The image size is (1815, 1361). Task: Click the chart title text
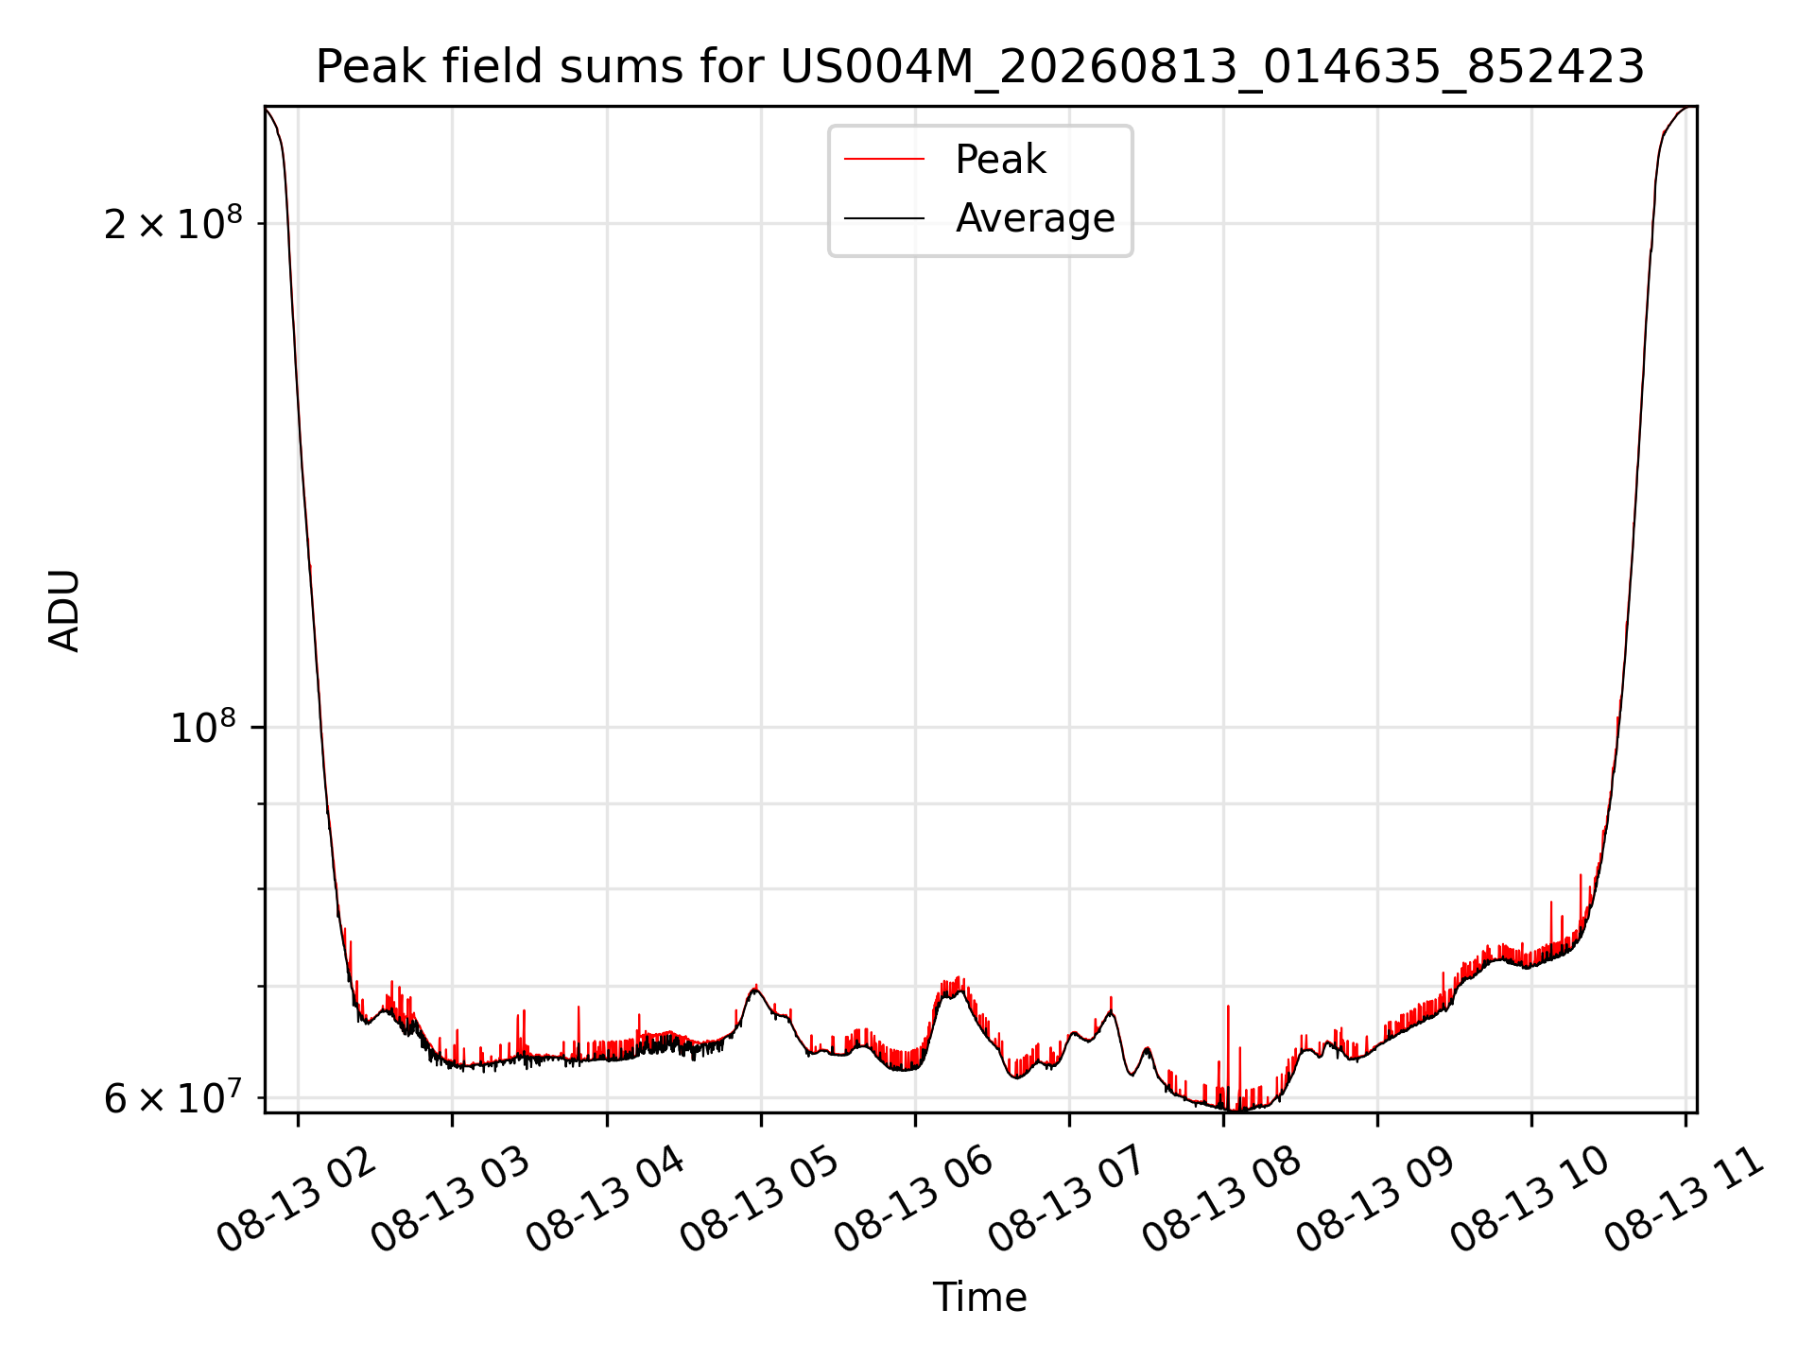[980, 67]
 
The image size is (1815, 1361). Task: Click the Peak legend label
[1001, 159]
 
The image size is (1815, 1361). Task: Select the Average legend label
[1035, 218]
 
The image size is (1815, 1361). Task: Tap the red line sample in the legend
[884, 159]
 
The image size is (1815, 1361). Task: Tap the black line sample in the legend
[884, 218]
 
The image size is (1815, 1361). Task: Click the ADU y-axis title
[64, 610]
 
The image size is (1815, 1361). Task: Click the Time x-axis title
[980, 1297]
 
